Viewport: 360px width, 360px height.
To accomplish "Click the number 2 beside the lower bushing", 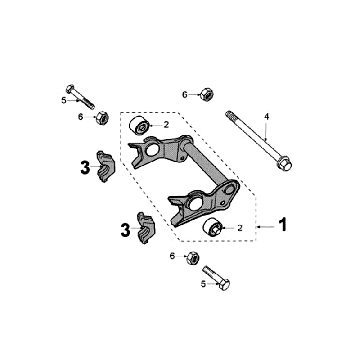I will pyautogui.click(x=240, y=229).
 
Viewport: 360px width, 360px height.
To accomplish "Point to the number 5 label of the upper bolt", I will pyautogui.click(x=63, y=100).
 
